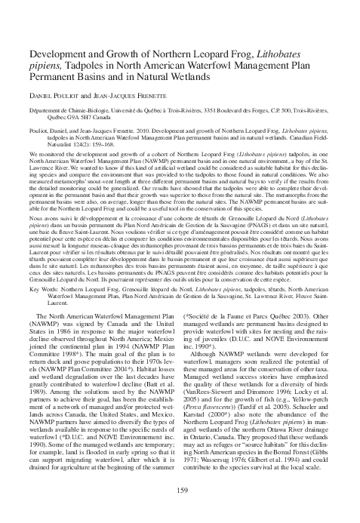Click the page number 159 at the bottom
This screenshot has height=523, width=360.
tap(180, 492)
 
